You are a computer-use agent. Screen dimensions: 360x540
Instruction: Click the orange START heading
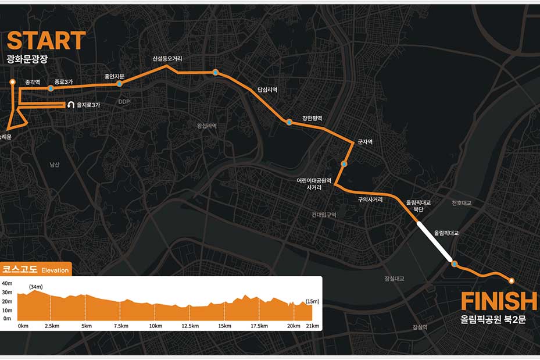[x=46, y=41]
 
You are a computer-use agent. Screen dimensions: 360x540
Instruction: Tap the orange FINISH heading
[x=499, y=302]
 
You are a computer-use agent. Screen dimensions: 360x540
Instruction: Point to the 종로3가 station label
[x=63, y=82]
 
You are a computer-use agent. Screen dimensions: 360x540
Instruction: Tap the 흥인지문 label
[x=115, y=76]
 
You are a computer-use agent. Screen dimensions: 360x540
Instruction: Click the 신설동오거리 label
[x=167, y=59]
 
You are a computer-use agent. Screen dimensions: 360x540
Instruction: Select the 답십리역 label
[x=267, y=90]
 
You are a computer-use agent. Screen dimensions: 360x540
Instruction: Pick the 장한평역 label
[x=312, y=119]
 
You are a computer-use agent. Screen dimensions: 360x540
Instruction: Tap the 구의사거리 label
[x=370, y=199]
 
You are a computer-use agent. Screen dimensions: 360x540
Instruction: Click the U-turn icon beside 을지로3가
[x=71, y=105]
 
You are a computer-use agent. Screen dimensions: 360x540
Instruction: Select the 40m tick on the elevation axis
[x=7, y=283]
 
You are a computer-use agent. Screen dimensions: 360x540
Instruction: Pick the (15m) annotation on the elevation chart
[x=312, y=301]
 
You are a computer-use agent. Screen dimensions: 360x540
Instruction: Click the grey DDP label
[x=124, y=102]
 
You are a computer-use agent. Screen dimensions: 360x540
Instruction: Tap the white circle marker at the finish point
[x=512, y=281]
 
